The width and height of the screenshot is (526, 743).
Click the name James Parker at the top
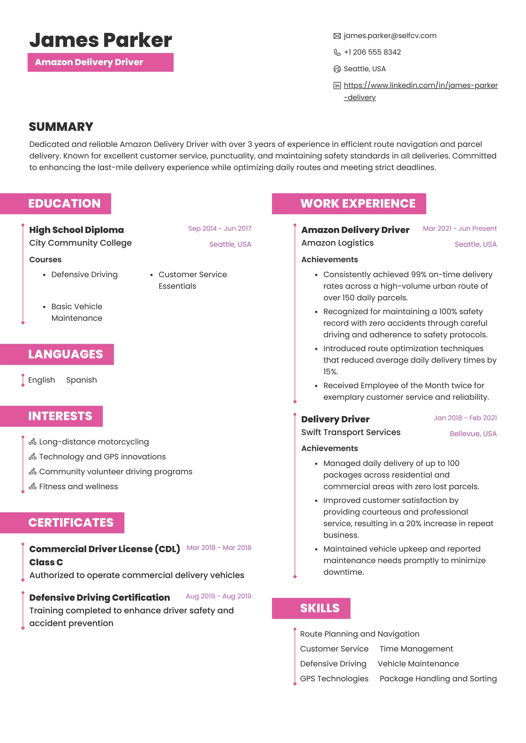click(x=101, y=40)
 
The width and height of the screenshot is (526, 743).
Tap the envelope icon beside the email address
click(x=337, y=36)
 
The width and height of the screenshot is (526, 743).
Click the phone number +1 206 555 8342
click(x=372, y=52)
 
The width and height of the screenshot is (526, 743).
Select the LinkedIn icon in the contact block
click(x=337, y=86)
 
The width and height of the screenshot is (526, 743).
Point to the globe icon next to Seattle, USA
click(x=337, y=69)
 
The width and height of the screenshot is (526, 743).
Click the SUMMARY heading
click(x=61, y=127)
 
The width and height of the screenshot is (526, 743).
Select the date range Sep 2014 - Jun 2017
click(x=219, y=228)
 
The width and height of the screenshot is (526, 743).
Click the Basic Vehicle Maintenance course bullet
click(x=77, y=312)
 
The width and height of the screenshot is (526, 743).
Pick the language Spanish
click(x=81, y=380)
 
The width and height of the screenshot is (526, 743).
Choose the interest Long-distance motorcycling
click(x=94, y=442)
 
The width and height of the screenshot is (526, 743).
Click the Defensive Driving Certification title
click(x=99, y=597)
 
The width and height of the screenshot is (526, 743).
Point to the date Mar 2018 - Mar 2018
click(x=219, y=547)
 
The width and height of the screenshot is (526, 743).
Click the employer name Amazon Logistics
click(x=337, y=243)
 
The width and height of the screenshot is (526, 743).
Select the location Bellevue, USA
click(x=473, y=434)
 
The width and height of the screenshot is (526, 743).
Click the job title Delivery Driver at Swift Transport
click(x=335, y=419)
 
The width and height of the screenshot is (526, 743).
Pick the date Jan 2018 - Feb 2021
click(x=465, y=418)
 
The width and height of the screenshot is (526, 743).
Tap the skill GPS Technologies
click(x=334, y=678)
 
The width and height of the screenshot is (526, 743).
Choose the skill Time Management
click(x=416, y=649)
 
